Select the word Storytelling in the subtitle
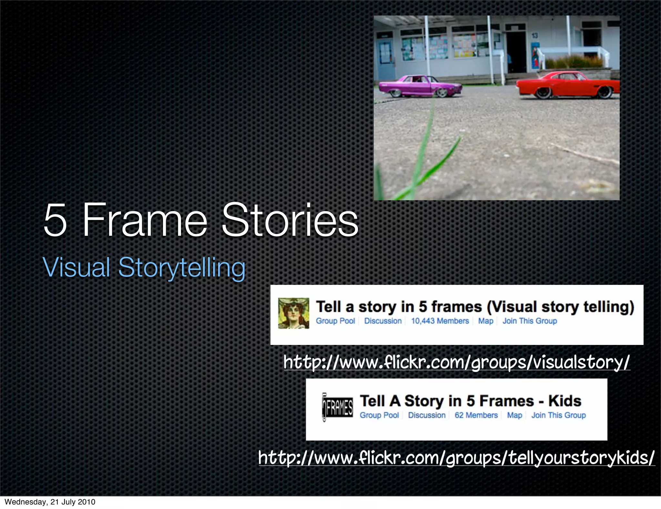click(x=182, y=267)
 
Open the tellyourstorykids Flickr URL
click(x=456, y=457)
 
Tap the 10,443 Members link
click(x=440, y=321)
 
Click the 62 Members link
click(x=476, y=415)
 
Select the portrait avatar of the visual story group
click(x=293, y=313)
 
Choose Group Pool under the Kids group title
click(x=379, y=415)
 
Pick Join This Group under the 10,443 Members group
click(x=530, y=321)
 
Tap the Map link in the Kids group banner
click(x=514, y=415)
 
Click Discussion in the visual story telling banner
click(x=383, y=321)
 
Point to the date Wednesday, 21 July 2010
click(x=50, y=502)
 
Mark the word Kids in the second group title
click(x=565, y=401)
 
